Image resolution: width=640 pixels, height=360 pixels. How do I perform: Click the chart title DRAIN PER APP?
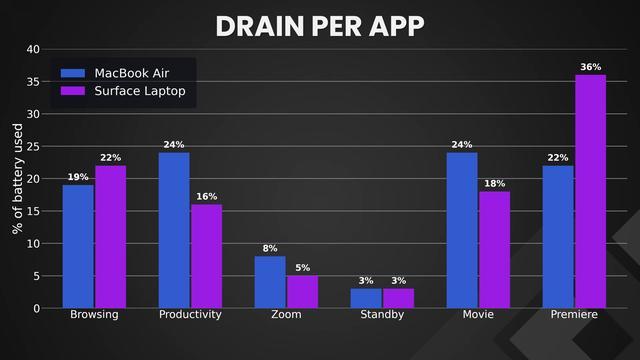click(320, 27)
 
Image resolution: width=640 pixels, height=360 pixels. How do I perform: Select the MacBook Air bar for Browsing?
click(78, 247)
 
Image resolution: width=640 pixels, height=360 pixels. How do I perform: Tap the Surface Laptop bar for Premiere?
click(591, 191)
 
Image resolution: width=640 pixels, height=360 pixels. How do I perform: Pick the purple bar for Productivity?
click(207, 256)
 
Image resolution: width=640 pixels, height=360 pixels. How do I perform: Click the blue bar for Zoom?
click(270, 282)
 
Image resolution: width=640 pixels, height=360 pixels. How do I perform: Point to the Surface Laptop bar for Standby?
click(398, 298)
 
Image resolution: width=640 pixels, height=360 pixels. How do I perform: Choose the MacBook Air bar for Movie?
click(462, 230)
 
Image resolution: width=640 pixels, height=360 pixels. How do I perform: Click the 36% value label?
click(591, 67)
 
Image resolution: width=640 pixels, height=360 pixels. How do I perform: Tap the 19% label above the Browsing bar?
click(78, 177)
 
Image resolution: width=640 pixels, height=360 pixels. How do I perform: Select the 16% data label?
click(207, 197)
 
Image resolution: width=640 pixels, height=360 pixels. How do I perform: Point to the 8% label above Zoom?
click(270, 248)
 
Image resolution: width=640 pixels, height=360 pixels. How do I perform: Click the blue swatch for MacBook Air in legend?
click(73, 73)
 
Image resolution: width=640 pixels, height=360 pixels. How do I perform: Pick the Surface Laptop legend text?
click(140, 91)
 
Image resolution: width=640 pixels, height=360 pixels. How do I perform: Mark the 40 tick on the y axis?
click(33, 49)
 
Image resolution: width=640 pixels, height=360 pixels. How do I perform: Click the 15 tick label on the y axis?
click(33, 211)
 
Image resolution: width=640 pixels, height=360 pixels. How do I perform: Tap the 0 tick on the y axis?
click(37, 309)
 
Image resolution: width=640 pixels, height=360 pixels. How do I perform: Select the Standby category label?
click(382, 314)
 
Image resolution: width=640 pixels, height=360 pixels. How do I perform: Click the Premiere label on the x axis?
click(574, 314)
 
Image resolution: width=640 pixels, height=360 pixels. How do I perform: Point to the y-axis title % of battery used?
click(18, 179)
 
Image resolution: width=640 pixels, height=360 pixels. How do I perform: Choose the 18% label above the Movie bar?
click(495, 184)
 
